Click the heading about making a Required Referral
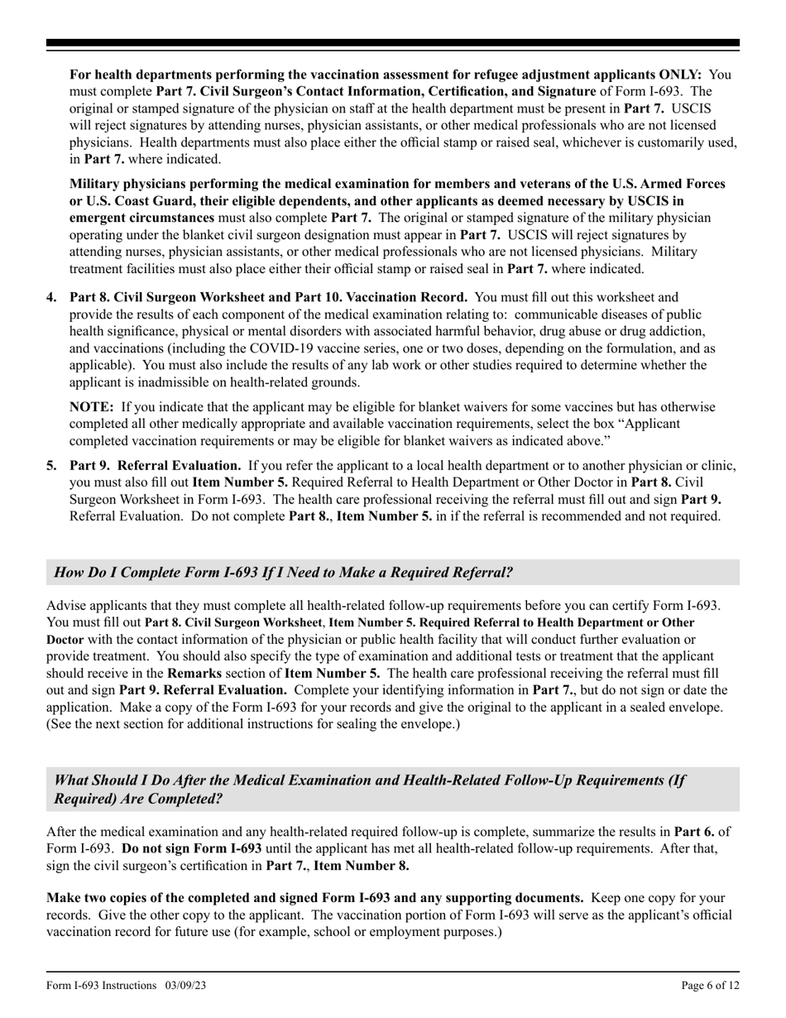pos(283,572)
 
